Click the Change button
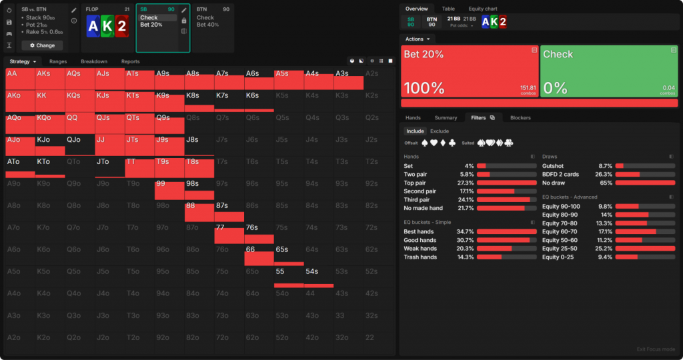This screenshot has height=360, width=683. (42, 45)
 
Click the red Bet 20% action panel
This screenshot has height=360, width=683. (470, 71)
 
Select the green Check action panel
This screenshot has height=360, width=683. (608, 71)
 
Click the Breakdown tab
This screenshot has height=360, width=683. (94, 61)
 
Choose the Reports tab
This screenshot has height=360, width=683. (130, 61)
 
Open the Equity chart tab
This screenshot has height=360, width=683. (484, 9)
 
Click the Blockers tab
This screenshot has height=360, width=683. (520, 117)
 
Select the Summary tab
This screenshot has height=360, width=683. (446, 117)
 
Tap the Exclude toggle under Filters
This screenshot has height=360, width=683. (439, 131)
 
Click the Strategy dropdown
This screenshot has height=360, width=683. (22, 61)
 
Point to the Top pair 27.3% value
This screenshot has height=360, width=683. (465, 182)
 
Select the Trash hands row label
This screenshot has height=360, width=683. (420, 257)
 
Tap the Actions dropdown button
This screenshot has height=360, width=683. (417, 39)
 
